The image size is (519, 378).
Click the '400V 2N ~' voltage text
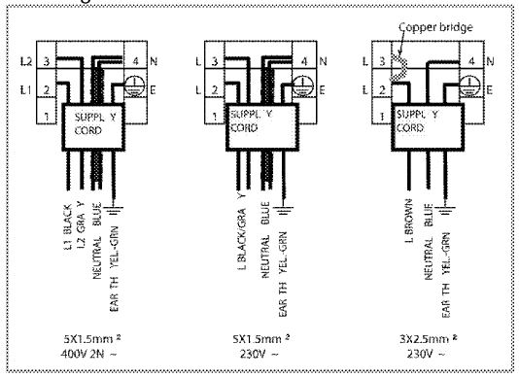96,353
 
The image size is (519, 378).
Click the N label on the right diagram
490,61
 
